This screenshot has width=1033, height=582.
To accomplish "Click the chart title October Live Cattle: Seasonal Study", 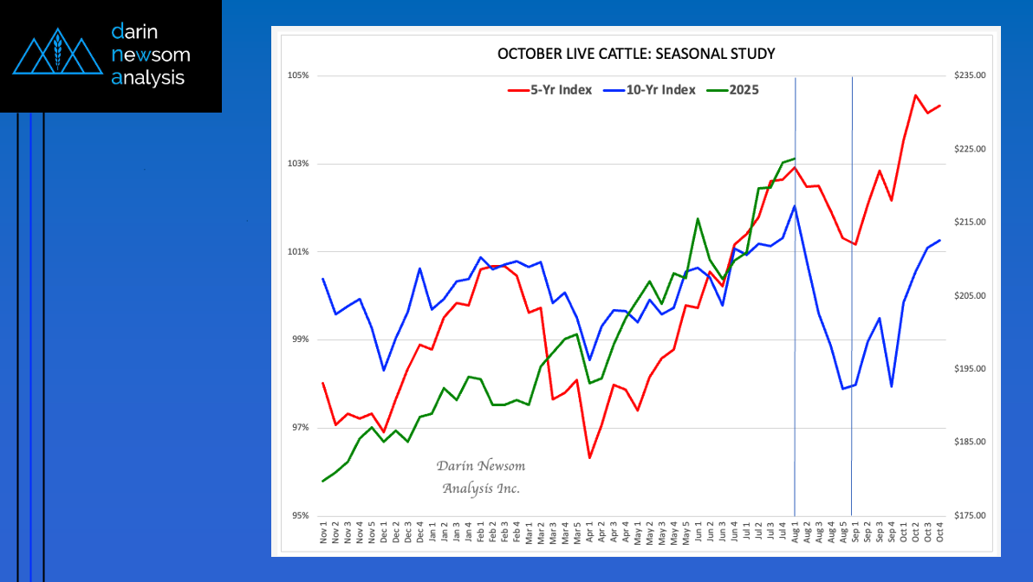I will point(635,54).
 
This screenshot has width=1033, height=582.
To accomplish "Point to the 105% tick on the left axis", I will point(299,76).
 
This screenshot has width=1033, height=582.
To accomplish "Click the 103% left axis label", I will point(299,164).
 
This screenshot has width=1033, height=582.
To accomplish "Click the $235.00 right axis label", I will point(969,76).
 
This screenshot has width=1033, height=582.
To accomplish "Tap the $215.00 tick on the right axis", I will point(969,223).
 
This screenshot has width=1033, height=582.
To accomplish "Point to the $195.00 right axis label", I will point(969,369).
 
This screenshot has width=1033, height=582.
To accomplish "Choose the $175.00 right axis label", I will point(969,515).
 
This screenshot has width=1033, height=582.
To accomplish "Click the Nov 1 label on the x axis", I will point(323,531).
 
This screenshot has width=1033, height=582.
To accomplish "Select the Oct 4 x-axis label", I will point(939,531).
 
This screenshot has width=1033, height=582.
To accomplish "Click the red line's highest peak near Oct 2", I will point(915,95).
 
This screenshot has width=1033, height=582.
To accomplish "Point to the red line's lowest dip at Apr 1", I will point(589,457).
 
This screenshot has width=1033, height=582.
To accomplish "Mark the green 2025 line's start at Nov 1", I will point(323,481).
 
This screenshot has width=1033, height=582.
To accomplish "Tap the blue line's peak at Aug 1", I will point(795,205).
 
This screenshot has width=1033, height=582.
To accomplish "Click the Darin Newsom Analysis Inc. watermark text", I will point(481,477).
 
